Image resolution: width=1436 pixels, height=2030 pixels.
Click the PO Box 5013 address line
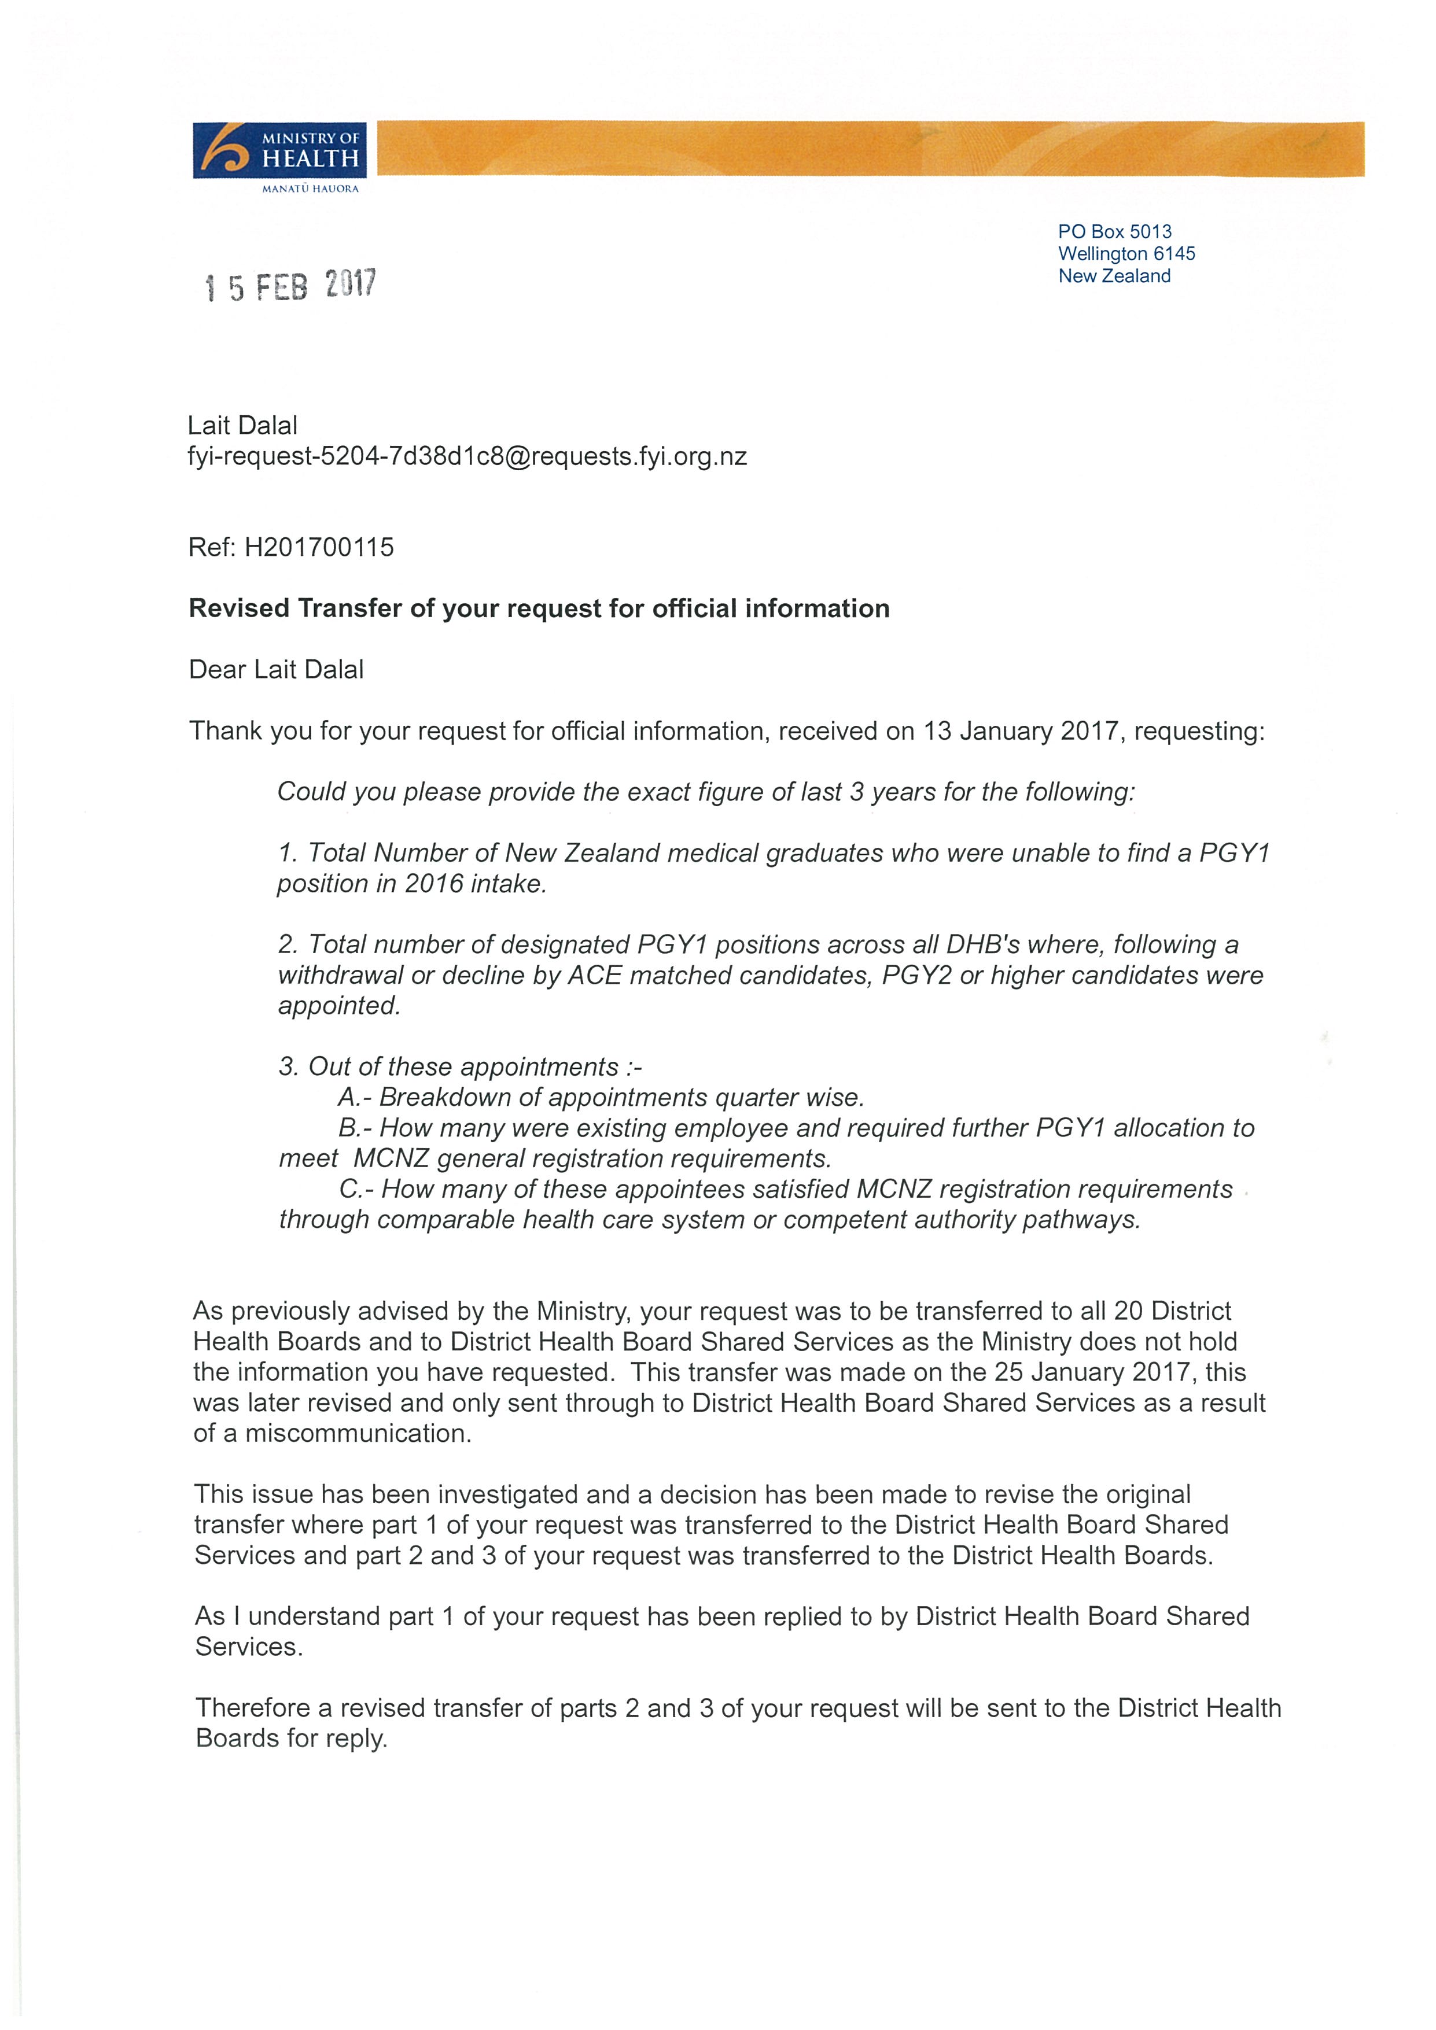point(1114,232)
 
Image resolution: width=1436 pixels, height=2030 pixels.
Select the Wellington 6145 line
point(1126,254)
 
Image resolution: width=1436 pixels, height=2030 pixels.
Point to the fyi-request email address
point(467,457)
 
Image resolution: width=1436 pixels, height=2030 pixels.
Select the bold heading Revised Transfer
point(539,608)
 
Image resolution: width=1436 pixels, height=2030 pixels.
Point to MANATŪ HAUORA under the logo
point(310,189)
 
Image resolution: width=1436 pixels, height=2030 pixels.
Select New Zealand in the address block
point(1114,276)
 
